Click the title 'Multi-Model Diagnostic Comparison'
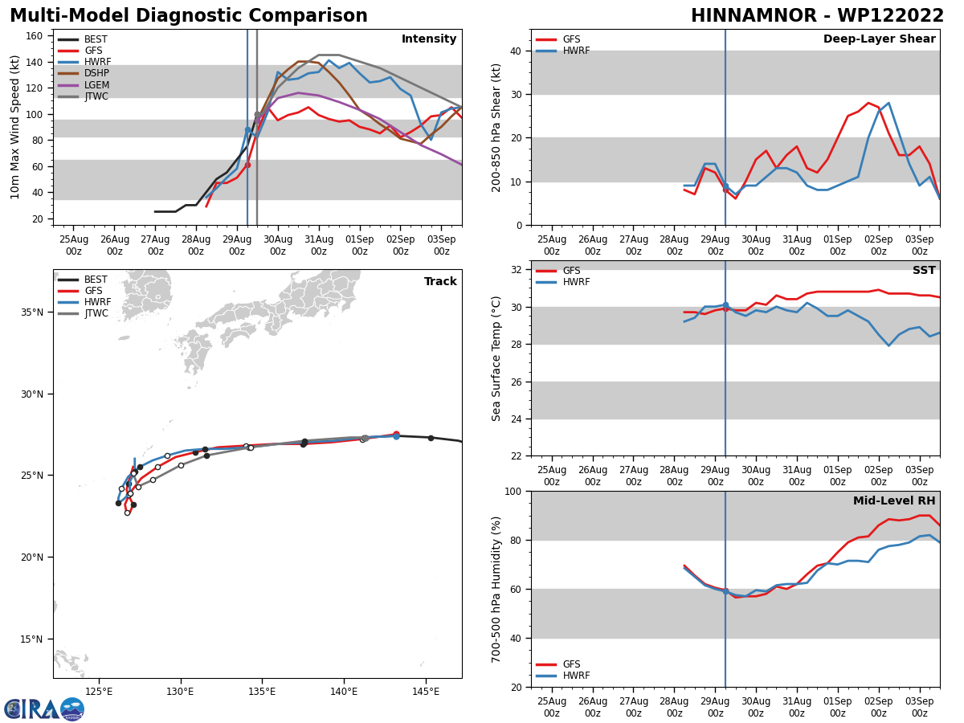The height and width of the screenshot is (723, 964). pyautogui.click(x=189, y=16)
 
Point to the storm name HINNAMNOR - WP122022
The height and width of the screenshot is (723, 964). pyautogui.click(x=817, y=16)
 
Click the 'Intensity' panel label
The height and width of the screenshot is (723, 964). pyautogui.click(x=429, y=39)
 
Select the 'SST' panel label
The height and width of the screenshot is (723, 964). pyautogui.click(x=924, y=271)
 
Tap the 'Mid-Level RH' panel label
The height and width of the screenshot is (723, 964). pyautogui.click(x=894, y=501)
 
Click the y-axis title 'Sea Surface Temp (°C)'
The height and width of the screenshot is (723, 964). pyautogui.click(x=497, y=358)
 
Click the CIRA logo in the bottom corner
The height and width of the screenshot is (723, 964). pyautogui.click(x=44, y=709)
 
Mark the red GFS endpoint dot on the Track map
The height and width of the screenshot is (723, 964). pyautogui.click(x=396, y=434)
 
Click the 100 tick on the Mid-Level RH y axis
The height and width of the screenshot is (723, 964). pyautogui.click(x=513, y=491)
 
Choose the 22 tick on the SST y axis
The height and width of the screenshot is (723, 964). pyautogui.click(x=517, y=455)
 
